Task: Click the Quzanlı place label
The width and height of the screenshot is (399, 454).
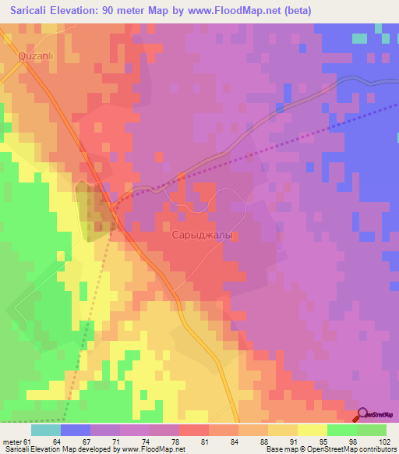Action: [x=34, y=56]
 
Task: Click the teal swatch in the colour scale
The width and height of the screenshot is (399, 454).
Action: [x=46, y=430]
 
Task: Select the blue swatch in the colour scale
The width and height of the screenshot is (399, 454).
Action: [x=76, y=430]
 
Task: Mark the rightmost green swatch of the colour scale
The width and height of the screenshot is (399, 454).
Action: [x=372, y=430]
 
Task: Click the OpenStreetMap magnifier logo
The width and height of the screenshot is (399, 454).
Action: [x=364, y=414]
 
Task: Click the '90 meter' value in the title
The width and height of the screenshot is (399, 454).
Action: [x=138, y=10]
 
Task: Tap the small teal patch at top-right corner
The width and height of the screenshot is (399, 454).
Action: [x=359, y=37]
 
